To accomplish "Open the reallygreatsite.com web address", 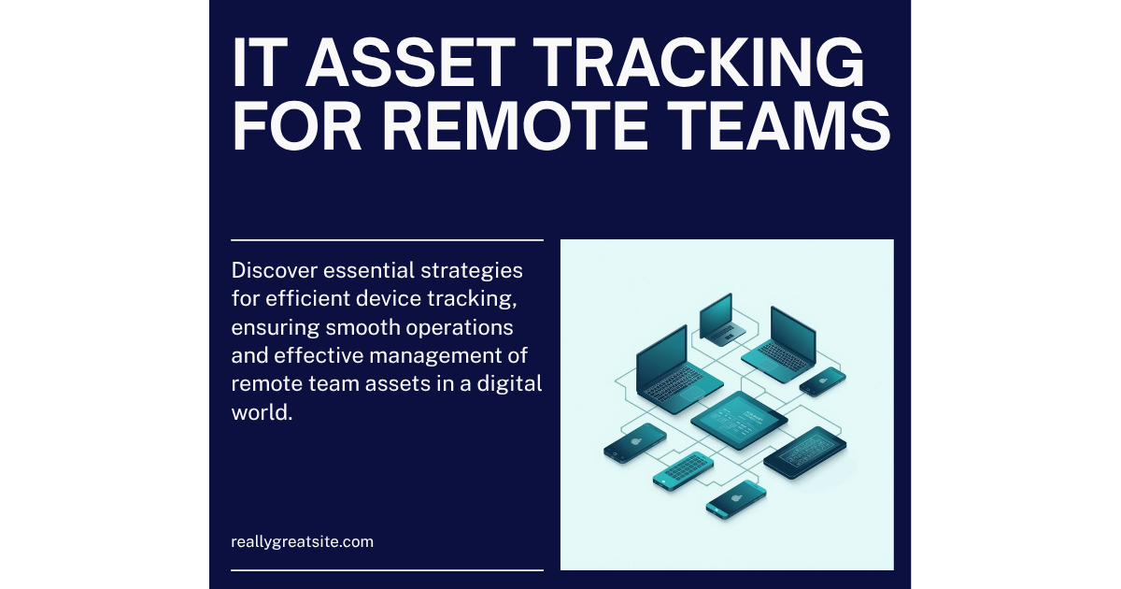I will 302,541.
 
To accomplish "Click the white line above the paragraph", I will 387,240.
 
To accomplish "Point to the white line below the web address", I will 387,568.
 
